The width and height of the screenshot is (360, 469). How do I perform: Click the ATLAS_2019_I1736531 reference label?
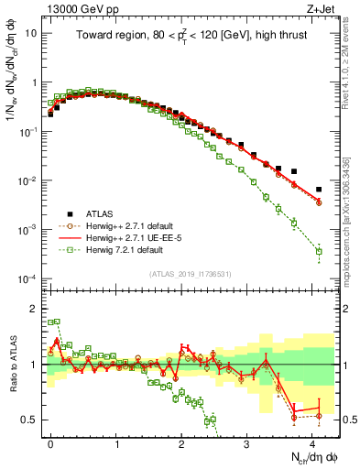[x=191, y=274]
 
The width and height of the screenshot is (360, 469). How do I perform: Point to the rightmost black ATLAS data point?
[x=319, y=190]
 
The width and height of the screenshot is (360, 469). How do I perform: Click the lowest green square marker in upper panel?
[x=319, y=251]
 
